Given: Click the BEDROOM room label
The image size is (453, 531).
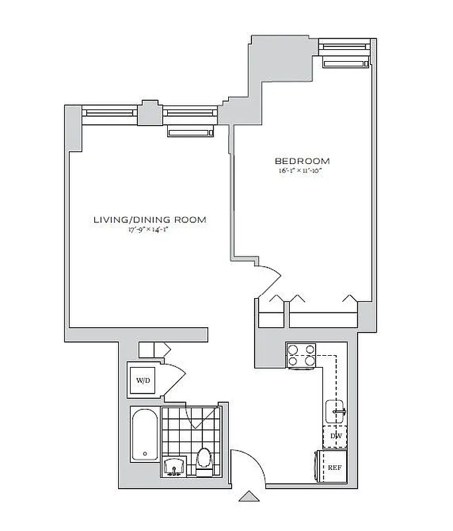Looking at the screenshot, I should pyautogui.click(x=302, y=161).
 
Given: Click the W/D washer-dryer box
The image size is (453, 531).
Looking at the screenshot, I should pyautogui.click(x=143, y=381).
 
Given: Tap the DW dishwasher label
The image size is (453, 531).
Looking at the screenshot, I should pyautogui.click(x=335, y=436).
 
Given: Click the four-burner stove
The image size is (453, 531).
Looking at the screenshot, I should pyautogui.click(x=302, y=355).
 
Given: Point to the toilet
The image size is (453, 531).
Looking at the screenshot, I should pyautogui.click(x=204, y=462).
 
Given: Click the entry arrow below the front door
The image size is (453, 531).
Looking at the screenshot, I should pyautogui.click(x=249, y=495).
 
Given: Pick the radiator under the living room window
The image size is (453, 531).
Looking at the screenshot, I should pyautogui.click(x=191, y=133).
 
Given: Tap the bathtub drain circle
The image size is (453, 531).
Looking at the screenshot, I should pyautogui.click(x=145, y=455).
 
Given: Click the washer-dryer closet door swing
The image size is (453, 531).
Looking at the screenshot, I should pyautogui.click(x=174, y=377).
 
